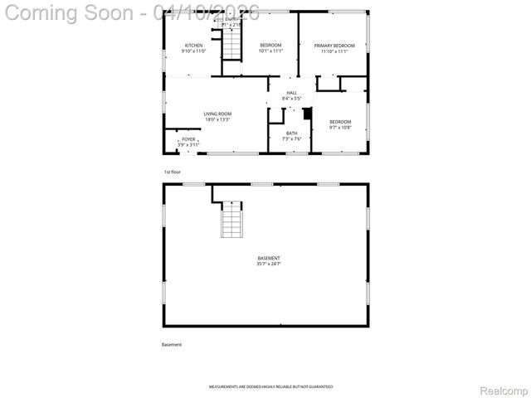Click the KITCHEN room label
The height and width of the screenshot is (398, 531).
pyautogui.click(x=193, y=45)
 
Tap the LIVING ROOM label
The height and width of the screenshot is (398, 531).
pyautogui.click(x=218, y=114)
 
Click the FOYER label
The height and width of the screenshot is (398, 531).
pyautogui.click(x=189, y=138)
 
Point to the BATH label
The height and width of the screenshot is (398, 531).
pyautogui.click(x=292, y=133)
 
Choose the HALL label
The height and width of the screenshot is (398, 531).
pyautogui.click(x=292, y=93)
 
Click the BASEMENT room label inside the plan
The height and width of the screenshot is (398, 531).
pyautogui.click(x=269, y=258)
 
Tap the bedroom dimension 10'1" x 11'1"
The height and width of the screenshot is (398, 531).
pyautogui.click(x=271, y=51)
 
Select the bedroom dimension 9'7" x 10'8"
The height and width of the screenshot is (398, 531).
pyautogui.click(x=340, y=128)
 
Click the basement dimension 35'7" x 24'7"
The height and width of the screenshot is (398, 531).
pyautogui.click(x=269, y=265)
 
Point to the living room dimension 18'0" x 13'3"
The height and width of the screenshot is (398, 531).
pyautogui.click(x=218, y=119)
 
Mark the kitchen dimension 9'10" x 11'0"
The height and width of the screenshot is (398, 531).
pyautogui.click(x=193, y=51)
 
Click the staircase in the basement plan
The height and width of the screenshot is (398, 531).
pyautogui.click(x=232, y=220)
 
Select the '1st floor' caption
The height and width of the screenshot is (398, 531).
pyautogui.click(x=172, y=172)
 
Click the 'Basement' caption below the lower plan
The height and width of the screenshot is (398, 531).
pyautogui.click(x=172, y=344)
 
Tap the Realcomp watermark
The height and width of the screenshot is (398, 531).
pyautogui.click(x=504, y=390)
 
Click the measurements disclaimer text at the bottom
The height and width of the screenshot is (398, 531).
pyautogui.click(x=270, y=387)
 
